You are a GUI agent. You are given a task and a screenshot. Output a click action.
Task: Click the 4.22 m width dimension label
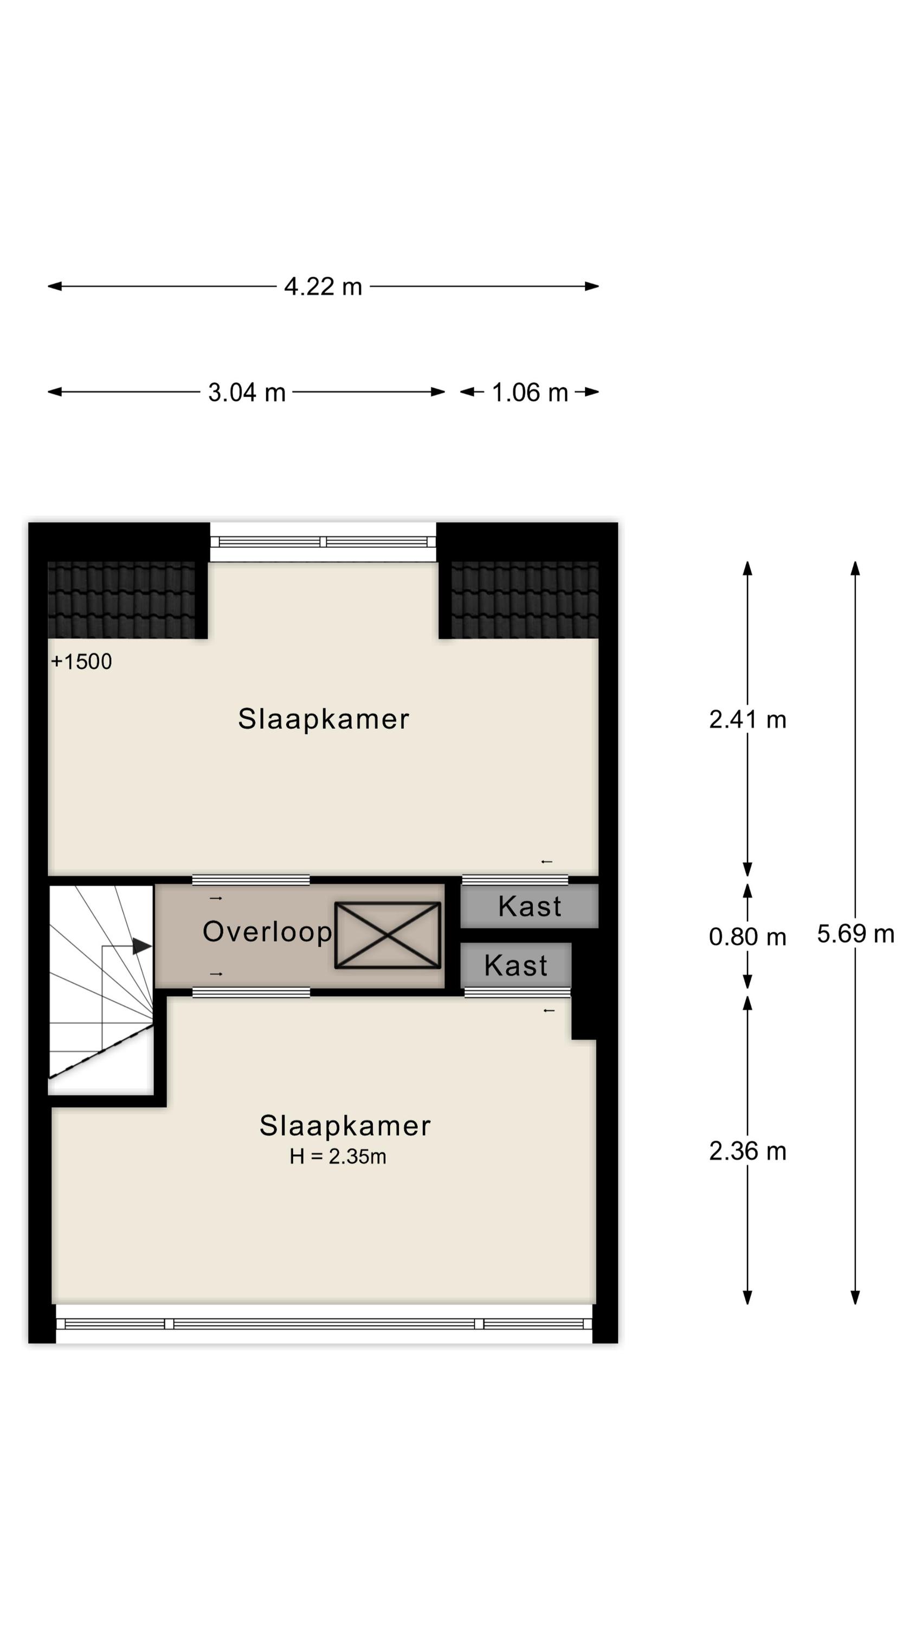(x=323, y=286)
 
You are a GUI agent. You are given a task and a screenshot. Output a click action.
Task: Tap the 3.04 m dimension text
(x=247, y=392)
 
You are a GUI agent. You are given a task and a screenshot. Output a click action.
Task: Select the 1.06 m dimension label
(x=529, y=392)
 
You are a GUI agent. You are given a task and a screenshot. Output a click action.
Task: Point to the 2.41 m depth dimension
(x=747, y=719)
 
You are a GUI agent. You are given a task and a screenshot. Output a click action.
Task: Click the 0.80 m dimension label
(x=747, y=936)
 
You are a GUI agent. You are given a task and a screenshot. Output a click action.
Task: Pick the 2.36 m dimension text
(x=747, y=1151)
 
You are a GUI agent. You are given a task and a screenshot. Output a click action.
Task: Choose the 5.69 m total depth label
(x=855, y=933)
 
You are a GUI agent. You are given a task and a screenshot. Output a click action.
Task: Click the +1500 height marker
(x=81, y=661)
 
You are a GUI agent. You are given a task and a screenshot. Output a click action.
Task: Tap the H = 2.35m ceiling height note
(x=338, y=1156)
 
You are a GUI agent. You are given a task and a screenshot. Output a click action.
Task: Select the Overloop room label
(x=267, y=932)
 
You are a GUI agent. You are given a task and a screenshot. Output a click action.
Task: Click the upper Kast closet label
(x=529, y=906)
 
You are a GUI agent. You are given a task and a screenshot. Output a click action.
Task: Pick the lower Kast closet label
(x=516, y=966)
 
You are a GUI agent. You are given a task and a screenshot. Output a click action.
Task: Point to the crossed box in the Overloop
(x=387, y=935)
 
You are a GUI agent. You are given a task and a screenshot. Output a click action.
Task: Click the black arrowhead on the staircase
(x=141, y=946)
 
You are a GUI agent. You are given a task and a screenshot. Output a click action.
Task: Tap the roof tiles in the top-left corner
(x=121, y=599)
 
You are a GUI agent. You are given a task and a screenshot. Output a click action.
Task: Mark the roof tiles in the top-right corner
(x=525, y=599)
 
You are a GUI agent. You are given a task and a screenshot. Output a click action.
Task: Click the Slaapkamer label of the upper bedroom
(x=323, y=719)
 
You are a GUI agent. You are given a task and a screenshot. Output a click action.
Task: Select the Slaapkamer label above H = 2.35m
(x=345, y=1126)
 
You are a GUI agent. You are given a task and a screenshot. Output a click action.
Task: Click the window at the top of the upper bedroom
(x=323, y=542)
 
